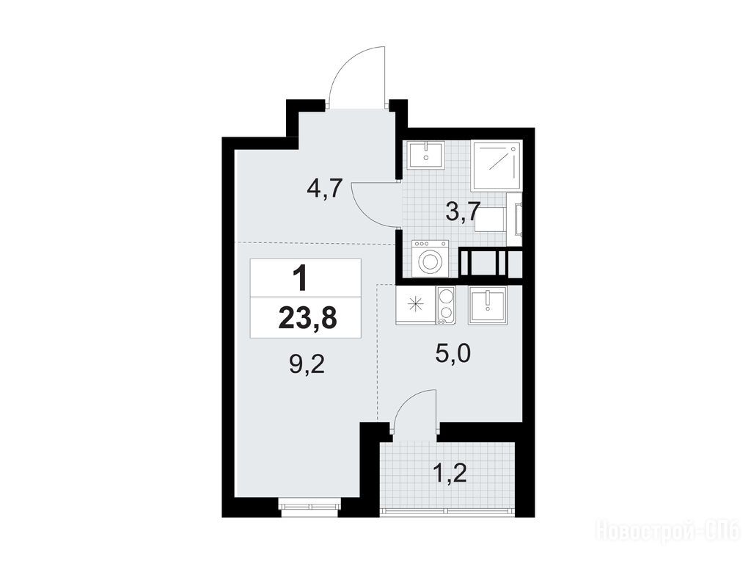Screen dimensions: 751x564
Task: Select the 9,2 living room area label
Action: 307,366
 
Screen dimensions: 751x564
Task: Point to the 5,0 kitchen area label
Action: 453,354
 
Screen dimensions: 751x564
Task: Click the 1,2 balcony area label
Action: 450,475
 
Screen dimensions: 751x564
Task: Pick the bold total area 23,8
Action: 307,318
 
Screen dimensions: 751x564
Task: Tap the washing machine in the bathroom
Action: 430,259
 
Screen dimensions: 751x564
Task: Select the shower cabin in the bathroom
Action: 497,165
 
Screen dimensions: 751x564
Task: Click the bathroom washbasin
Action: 426,155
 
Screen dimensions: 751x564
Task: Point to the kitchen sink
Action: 488,305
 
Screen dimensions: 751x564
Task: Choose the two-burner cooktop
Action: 446,305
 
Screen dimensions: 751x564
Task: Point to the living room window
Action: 310,506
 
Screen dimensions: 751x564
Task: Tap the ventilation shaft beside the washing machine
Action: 489,262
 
